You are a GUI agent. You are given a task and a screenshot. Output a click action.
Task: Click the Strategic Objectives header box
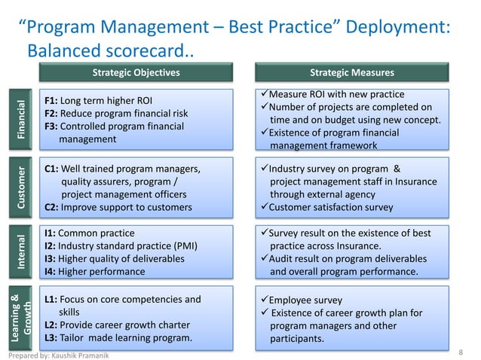(x=136, y=73)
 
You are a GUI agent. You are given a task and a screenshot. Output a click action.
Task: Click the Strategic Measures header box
(x=352, y=73)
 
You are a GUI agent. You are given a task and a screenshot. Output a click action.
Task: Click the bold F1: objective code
(x=51, y=100)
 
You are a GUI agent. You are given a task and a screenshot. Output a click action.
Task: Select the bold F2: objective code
(x=51, y=114)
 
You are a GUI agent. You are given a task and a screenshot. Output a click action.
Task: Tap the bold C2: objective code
(x=51, y=207)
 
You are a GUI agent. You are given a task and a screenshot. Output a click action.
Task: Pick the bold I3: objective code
(x=50, y=258)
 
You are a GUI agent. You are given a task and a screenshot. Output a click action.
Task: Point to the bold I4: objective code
(x=50, y=271)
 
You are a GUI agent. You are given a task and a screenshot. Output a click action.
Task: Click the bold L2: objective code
(x=51, y=325)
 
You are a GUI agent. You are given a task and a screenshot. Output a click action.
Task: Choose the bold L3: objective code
(x=51, y=338)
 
